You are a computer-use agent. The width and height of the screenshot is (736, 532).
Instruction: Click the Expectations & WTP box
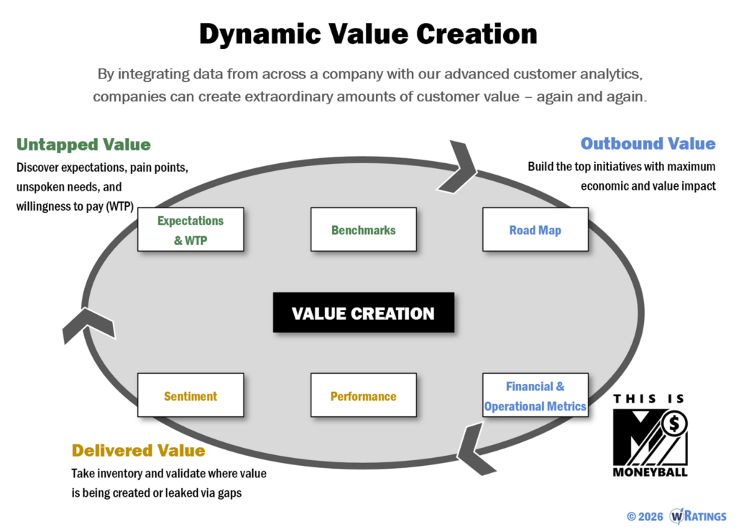190,230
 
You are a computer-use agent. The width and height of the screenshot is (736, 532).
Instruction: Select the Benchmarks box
363,230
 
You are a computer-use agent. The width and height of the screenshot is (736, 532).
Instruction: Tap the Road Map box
535,230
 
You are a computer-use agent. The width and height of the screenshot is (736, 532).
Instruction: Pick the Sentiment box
190,396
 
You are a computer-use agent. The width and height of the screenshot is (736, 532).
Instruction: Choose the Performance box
363,396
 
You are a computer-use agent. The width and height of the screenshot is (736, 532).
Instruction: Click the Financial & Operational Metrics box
535,396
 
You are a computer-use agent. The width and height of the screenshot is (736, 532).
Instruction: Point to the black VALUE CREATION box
363,313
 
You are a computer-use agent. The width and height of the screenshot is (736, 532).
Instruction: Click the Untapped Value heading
83,145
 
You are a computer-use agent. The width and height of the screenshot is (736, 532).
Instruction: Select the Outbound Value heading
648,143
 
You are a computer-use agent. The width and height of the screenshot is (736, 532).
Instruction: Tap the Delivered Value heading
138,451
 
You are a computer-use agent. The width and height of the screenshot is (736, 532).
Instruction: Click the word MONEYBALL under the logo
650,472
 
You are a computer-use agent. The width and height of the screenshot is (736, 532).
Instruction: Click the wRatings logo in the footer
698,516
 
